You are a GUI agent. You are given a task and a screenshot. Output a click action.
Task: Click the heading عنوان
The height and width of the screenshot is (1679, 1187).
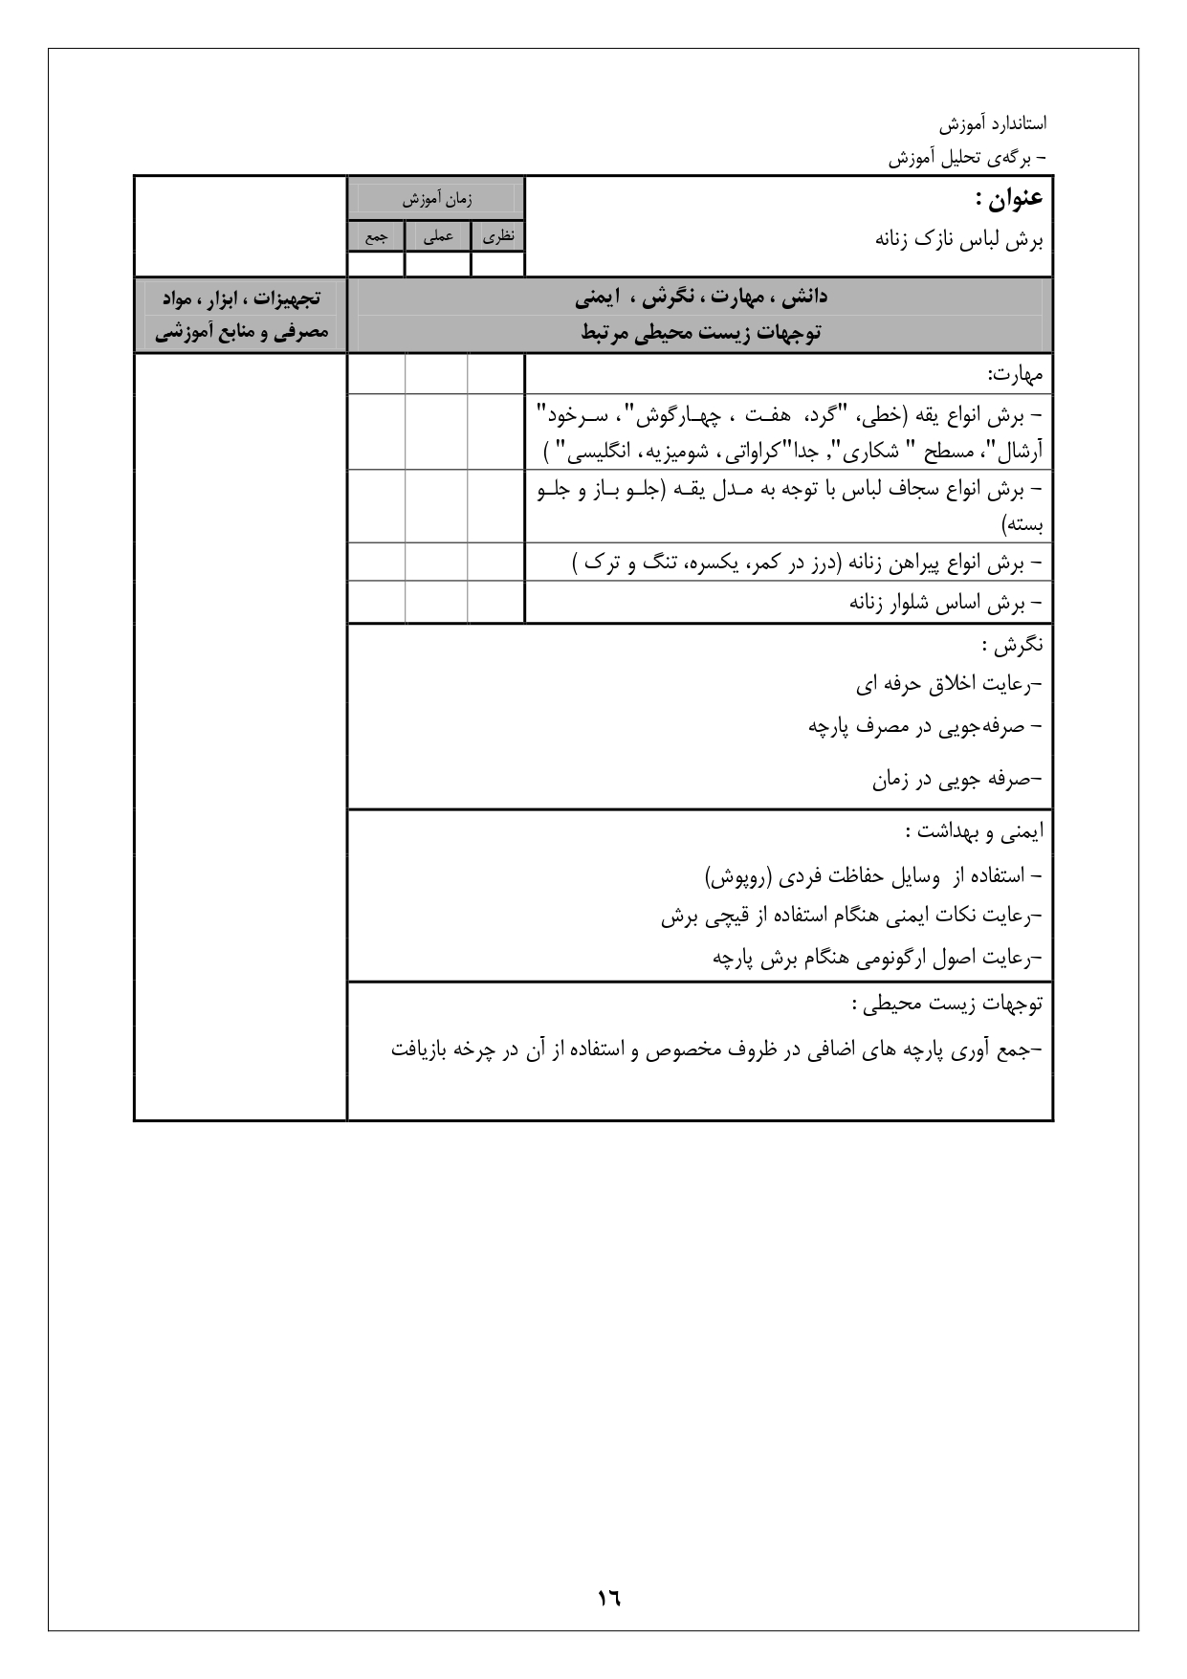[x=1009, y=199]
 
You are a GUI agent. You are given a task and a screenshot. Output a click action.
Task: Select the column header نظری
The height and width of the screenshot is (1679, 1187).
[x=497, y=235]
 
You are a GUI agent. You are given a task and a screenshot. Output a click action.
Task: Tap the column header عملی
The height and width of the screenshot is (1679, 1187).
[x=437, y=235]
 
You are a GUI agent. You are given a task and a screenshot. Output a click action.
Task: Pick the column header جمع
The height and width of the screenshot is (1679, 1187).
[x=375, y=235]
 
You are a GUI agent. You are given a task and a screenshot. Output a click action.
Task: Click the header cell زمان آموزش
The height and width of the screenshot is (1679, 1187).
[x=436, y=199]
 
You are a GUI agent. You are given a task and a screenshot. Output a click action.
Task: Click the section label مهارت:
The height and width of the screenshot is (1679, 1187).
[x=1015, y=372]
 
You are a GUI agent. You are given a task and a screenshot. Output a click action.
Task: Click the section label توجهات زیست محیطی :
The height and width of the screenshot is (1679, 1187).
[x=947, y=1004]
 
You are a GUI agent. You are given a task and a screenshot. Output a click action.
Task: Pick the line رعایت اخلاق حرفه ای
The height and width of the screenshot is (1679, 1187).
[x=947, y=684]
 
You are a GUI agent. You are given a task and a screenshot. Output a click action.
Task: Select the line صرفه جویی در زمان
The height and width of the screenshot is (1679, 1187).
[x=956, y=779]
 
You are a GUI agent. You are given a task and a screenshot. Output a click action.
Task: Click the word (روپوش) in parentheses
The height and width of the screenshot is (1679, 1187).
[x=739, y=875]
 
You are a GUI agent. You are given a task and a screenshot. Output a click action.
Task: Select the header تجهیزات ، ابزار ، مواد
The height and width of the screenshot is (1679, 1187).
[x=241, y=298]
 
